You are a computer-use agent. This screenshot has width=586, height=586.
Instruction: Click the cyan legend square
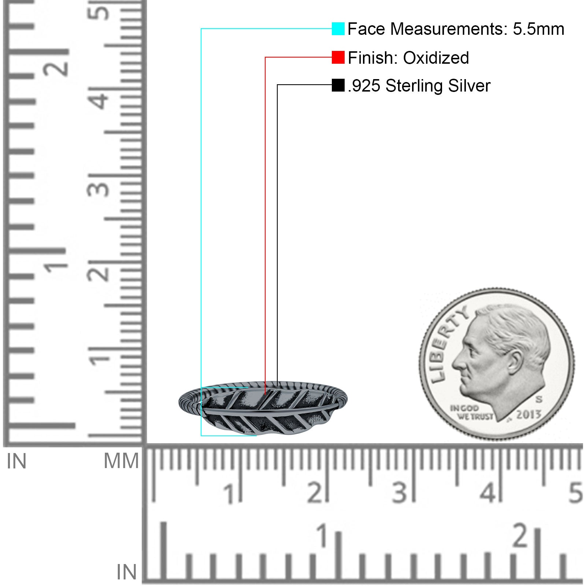pyautogui.click(x=338, y=29)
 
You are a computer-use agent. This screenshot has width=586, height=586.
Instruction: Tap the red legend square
pyautogui.click(x=338, y=57)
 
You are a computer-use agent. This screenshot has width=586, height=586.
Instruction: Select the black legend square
pyautogui.click(x=338, y=85)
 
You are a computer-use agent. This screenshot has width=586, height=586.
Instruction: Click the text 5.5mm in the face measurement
pyautogui.click(x=538, y=29)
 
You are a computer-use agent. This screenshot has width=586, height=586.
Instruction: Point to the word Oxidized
pyautogui.click(x=436, y=58)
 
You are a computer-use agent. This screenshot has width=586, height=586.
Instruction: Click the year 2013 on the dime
pyautogui.click(x=528, y=414)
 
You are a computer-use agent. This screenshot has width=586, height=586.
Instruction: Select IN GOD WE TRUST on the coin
pyautogui.click(x=471, y=412)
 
